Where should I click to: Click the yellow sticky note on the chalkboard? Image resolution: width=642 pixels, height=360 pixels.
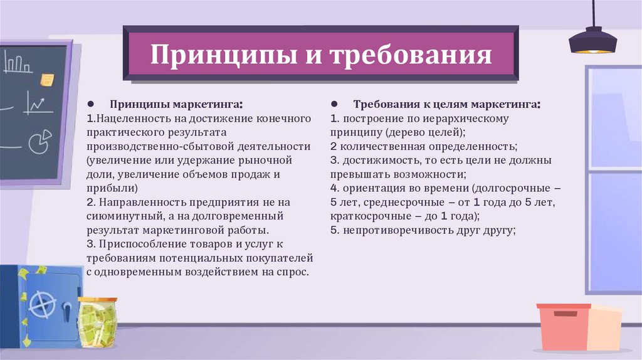coord(46,80)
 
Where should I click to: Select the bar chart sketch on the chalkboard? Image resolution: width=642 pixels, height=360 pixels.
coord(18,63)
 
